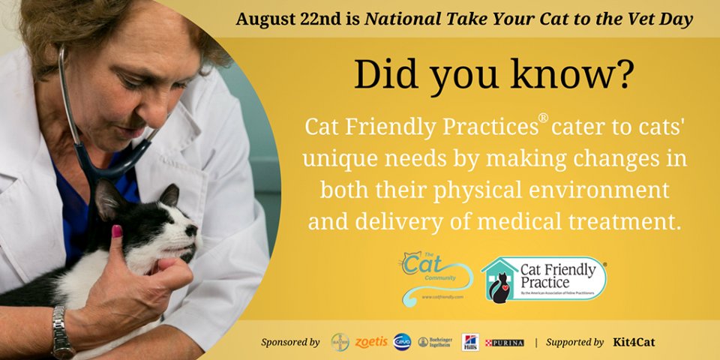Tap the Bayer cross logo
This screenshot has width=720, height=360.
(x=340, y=342)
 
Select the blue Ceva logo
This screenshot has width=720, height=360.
(x=402, y=342)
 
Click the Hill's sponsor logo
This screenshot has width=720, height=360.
(x=470, y=342)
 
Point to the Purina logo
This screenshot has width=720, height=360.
(x=504, y=342)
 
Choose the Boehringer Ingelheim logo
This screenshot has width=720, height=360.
(x=436, y=342)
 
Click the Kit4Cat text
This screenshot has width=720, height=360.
(x=634, y=342)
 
